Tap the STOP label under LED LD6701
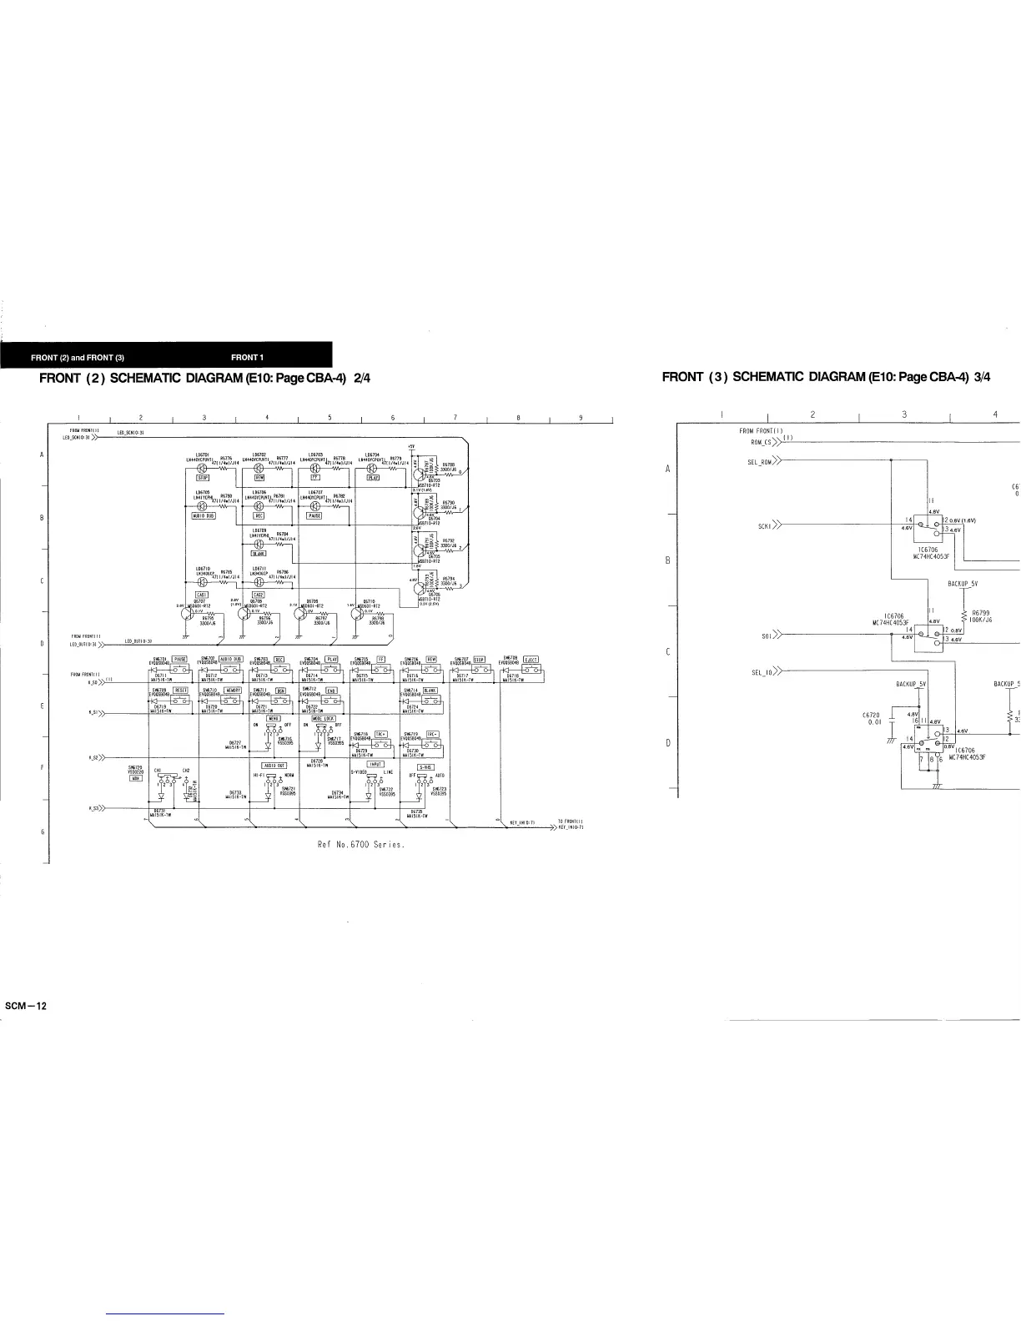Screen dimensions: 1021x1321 tap(203, 478)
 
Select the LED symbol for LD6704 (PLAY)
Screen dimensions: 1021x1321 tap(373, 468)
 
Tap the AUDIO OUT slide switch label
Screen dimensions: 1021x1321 tap(274, 765)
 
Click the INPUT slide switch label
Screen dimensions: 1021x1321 tap(375, 764)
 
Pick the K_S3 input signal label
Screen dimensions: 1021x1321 tap(93, 808)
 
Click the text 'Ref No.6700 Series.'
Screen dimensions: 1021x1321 tap(361, 844)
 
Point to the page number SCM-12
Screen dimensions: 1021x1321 tap(26, 1006)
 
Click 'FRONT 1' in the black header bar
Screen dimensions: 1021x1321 tap(247, 358)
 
